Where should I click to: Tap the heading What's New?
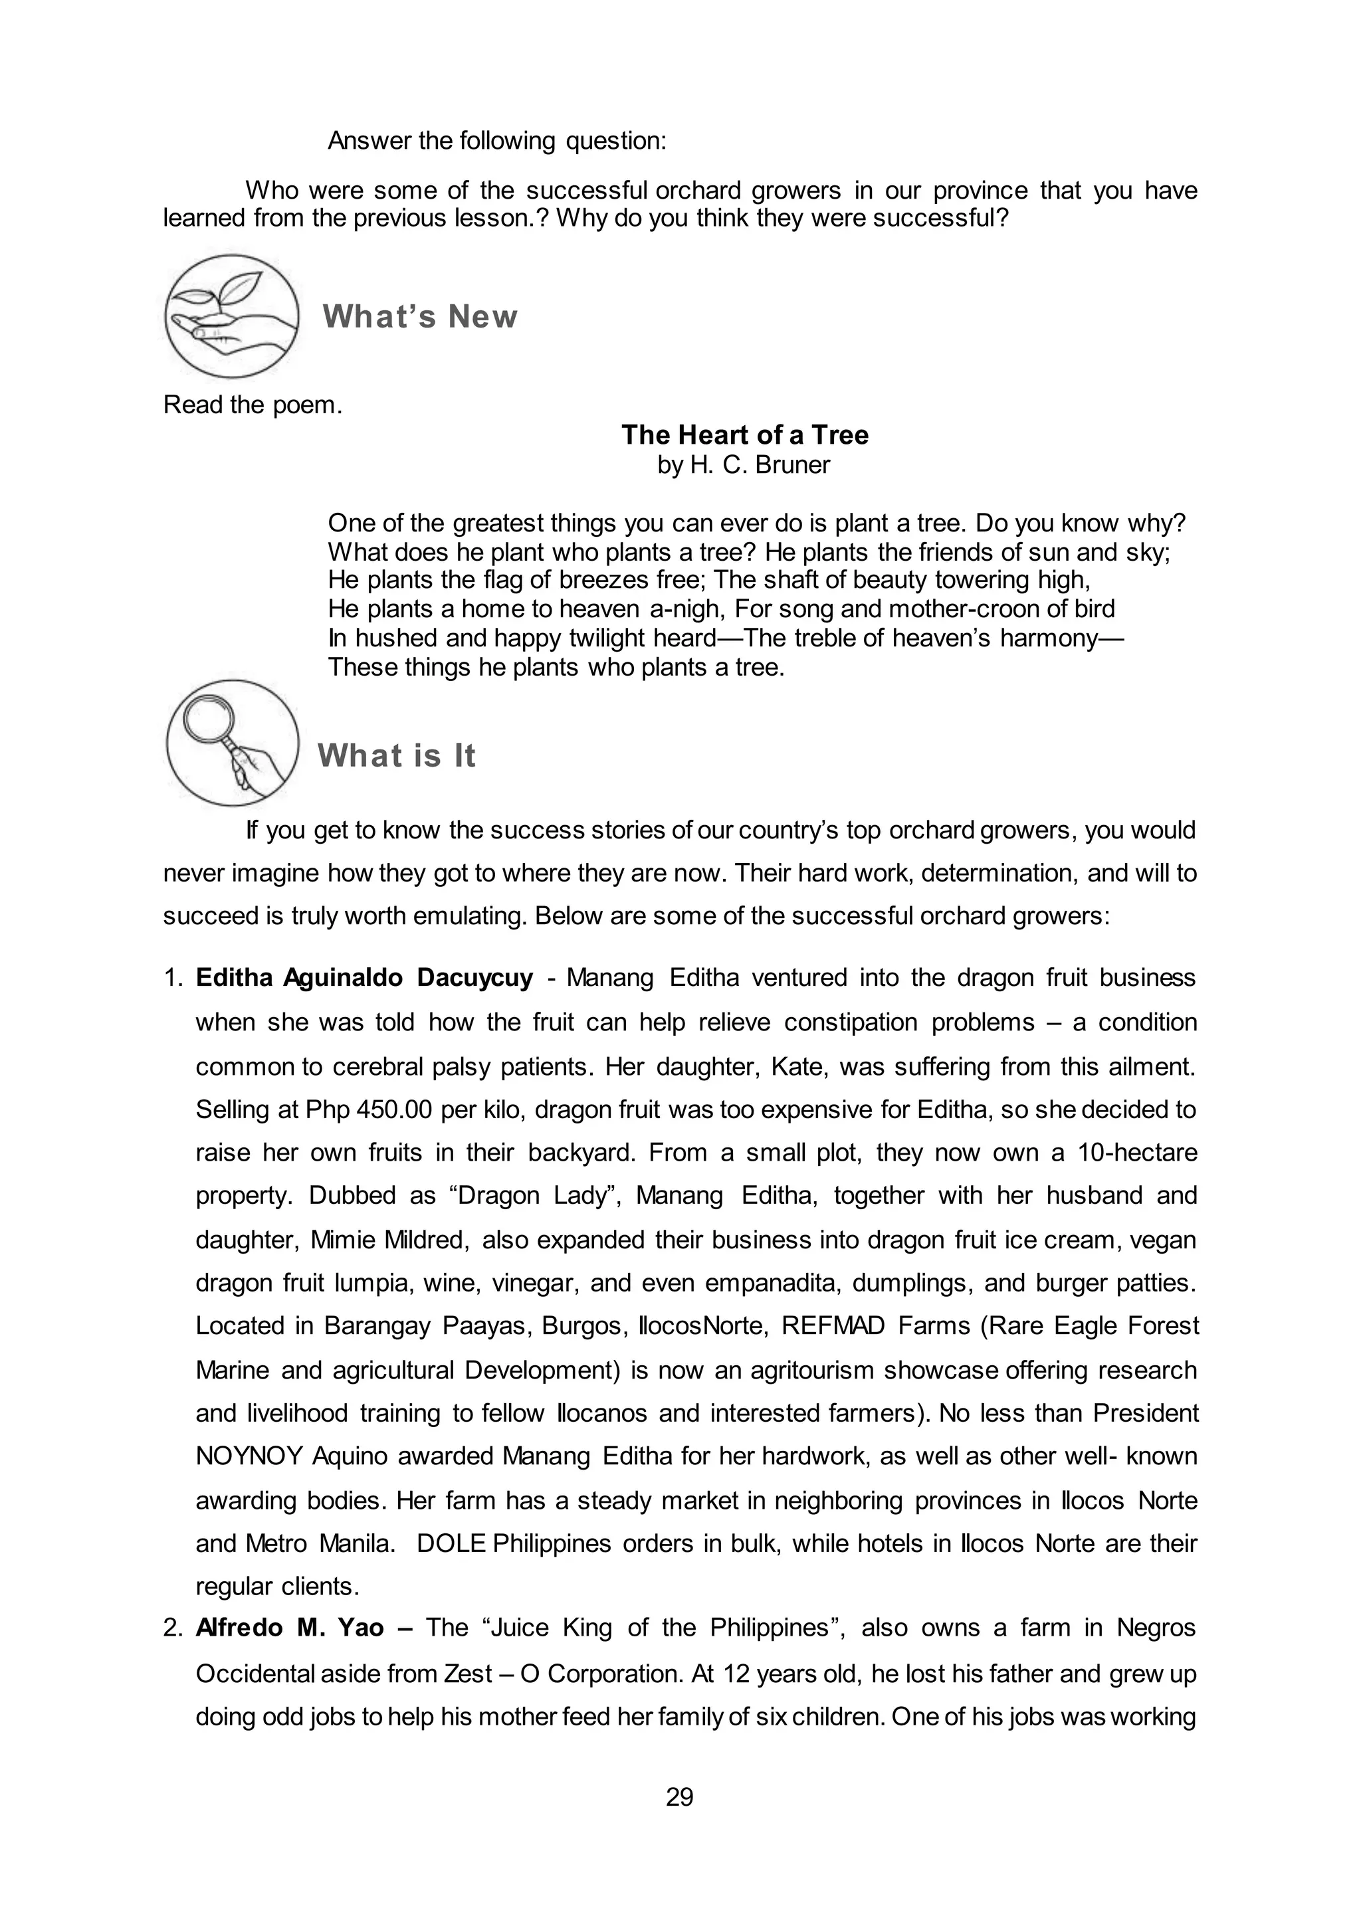click(x=420, y=317)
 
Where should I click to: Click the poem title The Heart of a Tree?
click(x=744, y=435)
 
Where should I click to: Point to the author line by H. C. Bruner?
click(x=744, y=464)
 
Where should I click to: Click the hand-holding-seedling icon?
click(x=231, y=317)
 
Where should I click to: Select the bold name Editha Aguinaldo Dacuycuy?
click(x=365, y=978)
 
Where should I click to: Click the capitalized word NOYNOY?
click(x=249, y=1456)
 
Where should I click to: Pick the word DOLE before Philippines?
click(x=451, y=1543)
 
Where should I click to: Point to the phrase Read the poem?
click(x=253, y=405)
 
